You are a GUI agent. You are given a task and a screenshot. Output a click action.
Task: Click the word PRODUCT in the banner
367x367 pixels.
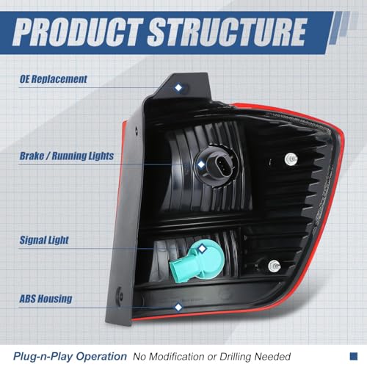[x=78, y=32]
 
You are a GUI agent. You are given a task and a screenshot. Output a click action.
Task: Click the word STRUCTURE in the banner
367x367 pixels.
[x=227, y=32]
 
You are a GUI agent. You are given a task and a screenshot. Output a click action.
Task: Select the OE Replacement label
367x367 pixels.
[x=53, y=79]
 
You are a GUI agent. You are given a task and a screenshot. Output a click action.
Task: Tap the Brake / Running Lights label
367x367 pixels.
[x=67, y=156]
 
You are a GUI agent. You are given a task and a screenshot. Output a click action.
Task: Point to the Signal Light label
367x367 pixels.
[x=44, y=240]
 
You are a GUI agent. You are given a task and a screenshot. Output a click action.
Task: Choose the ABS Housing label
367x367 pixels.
[x=46, y=299]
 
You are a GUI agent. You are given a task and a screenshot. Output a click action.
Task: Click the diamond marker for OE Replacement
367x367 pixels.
[x=178, y=87]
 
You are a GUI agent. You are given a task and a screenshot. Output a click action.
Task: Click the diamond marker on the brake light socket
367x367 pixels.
[x=201, y=164]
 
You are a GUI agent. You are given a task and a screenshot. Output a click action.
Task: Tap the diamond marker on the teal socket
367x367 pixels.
[x=202, y=249]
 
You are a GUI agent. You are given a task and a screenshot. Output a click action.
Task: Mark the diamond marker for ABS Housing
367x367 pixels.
[x=178, y=307]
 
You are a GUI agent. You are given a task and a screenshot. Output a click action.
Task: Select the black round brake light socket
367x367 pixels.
[x=216, y=167]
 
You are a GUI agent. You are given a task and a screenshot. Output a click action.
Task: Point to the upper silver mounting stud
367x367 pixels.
[x=291, y=159]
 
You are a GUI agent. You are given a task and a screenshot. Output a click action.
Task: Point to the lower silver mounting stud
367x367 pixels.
[x=275, y=266]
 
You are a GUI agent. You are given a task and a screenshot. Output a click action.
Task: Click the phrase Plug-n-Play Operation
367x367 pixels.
[x=70, y=357]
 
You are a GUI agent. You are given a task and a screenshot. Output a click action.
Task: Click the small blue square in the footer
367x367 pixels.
[x=354, y=356]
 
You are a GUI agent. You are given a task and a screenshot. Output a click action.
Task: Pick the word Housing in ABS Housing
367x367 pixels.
[x=55, y=299]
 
